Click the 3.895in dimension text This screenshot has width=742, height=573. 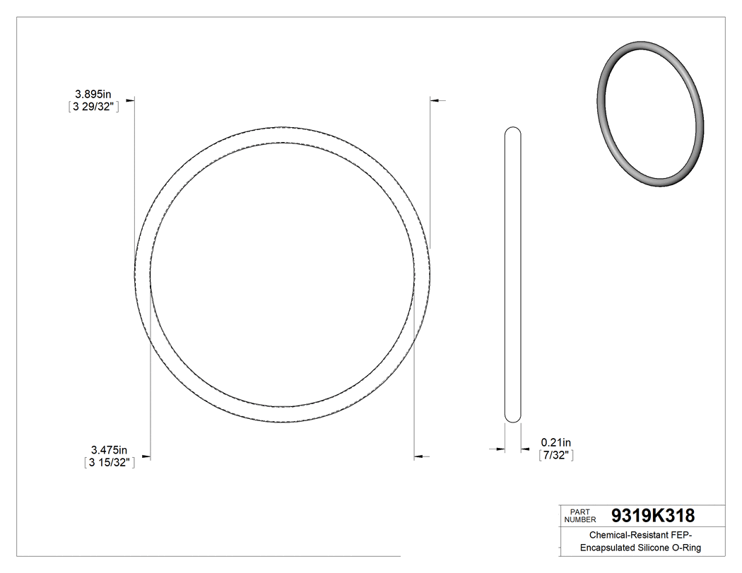pyautogui.click(x=94, y=93)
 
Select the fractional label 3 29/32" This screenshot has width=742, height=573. pyautogui.click(x=90, y=107)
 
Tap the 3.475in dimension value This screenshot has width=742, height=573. pyautogui.click(x=109, y=449)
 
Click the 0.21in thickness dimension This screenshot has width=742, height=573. pyautogui.click(x=556, y=442)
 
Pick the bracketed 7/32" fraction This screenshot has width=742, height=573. pyautogui.click(x=555, y=456)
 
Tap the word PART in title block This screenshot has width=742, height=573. pyautogui.click(x=579, y=511)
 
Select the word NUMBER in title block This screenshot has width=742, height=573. pyautogui.click(x=581, y=519)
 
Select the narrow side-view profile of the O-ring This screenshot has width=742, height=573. pyautogui.click(x=513, y=275)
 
